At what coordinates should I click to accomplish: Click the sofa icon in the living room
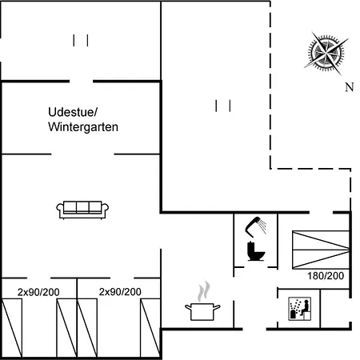click(x=82, y=210)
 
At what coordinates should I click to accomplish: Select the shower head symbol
click(x=255, y=226)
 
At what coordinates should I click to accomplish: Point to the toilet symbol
click(x=256, y=251)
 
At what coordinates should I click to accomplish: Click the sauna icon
click(x=300, y=309)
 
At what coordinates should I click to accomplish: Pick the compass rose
click(x=326, y=54)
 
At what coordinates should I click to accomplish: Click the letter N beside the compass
click(x=350, y=87)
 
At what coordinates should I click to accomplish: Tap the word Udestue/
click(x=73, y=112)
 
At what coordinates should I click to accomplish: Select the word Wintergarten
click(x=83, y=127)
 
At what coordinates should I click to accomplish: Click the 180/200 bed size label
click(x=326, y=276)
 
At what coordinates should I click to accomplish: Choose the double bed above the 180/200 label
click(x=321, y=250)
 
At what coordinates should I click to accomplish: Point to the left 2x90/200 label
click(x=38, y=292)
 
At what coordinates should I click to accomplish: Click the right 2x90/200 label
click(x=120, y=292)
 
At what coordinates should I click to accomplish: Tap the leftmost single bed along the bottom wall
click(x=12, y=328)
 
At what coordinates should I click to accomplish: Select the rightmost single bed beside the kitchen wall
click(x=150, y=328)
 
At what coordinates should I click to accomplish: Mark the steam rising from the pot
click(x=203, y=291)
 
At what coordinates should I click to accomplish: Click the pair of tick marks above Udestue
click(x=81, y=41)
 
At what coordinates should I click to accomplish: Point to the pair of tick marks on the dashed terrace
click(x=223, y=106)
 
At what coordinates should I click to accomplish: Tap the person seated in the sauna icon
click(x=306, y=307)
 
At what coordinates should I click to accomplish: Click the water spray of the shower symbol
click(x=262, y=226)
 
